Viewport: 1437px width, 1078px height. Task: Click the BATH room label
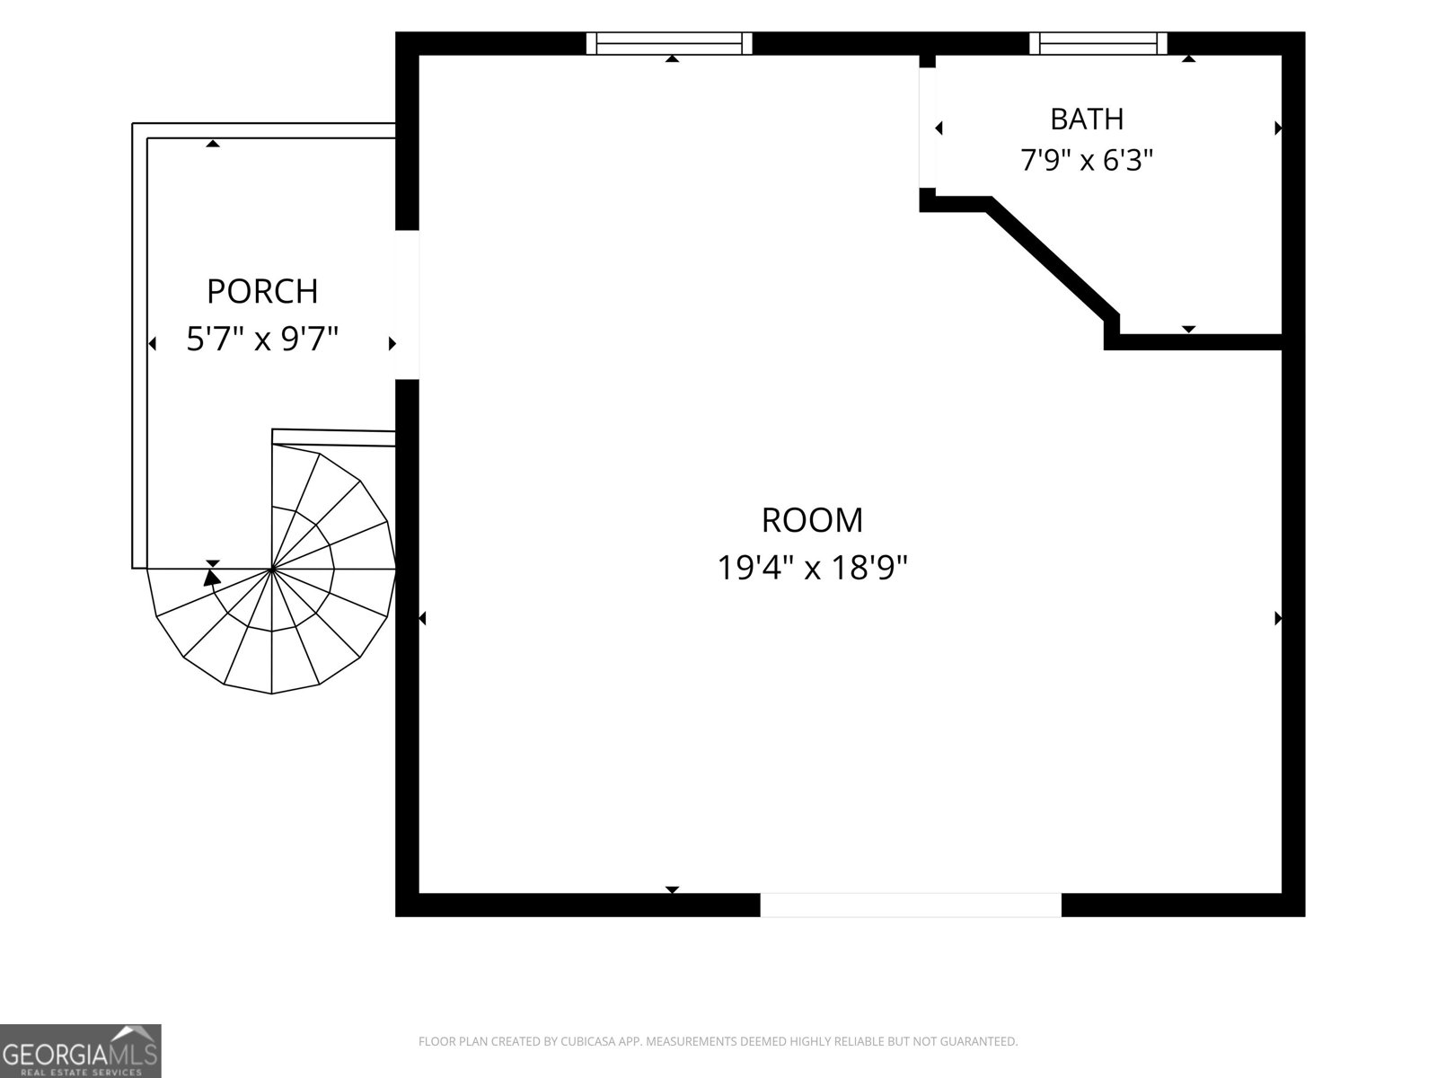(1087, 119)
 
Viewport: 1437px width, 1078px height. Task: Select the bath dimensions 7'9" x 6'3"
(1087, 160)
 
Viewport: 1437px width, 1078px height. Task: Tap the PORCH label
(262, 291)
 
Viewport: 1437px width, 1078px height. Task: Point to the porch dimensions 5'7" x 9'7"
(262, 339)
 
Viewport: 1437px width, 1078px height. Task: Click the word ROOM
(813, 520)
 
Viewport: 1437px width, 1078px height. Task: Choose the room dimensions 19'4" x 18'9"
(813, 568)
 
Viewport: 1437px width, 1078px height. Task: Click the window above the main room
(668, 43)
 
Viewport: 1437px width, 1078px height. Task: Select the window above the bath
(1098, 43)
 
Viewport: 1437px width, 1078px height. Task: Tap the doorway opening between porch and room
(407, 305)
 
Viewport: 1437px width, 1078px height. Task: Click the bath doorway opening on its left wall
(927, 128)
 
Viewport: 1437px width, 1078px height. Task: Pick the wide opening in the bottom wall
(910, 905)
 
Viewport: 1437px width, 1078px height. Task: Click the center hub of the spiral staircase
(271, 570)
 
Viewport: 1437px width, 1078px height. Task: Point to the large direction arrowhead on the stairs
(211, 577)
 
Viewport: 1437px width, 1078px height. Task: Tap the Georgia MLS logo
(81, 1050)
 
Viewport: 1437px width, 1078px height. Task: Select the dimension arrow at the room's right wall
(1278, 618)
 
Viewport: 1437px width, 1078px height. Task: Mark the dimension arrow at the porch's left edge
(152, 344)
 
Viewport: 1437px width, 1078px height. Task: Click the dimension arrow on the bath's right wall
(1278, 128)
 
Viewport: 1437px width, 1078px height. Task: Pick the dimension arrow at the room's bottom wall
(673, 889)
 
